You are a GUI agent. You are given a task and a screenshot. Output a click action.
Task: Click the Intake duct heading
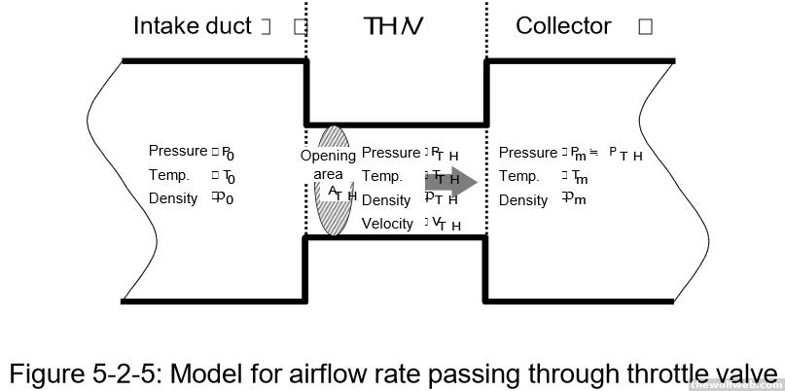tap(192, 26)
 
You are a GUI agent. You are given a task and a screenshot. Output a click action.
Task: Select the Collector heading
tap(563, 26)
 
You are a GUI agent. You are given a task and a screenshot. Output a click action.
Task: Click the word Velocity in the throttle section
tap(388, 224)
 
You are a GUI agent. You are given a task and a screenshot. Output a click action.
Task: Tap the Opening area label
tap(328, 165)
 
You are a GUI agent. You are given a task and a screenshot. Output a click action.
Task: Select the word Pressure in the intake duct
tap(177, 151)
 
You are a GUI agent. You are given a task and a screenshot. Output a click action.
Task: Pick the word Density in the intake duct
tap(173, 198)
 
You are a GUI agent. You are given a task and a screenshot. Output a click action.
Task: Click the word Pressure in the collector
tap(527, 152)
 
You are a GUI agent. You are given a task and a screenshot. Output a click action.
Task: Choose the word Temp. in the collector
tap(518, 176)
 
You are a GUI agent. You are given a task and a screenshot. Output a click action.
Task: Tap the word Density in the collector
tap(523, 200)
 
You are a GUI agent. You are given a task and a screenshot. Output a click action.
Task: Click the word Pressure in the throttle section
tap(390, 152)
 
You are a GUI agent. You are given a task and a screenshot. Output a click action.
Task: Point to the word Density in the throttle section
tap(386, 200)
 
